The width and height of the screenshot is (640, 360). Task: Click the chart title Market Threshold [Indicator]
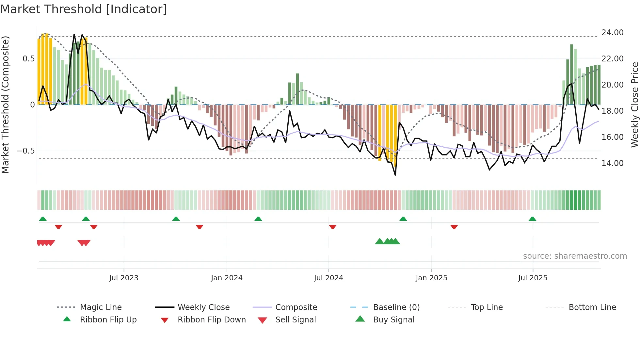pyautogui.click(x=84, y=9)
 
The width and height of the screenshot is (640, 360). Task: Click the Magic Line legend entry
pyautogui.click(x=101, y=307)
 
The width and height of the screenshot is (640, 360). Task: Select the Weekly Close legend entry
pyautogui.click(x=203, y=307)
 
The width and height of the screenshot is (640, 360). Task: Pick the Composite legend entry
pyautogui.click(x=296, y=307)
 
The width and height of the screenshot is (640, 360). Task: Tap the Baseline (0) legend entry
pyautogui.click(x=396, y=307)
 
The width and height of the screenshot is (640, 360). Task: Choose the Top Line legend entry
pyautogui.click(x=487, y=307)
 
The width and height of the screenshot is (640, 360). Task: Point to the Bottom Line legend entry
pyautogui.click(x=592, y=307)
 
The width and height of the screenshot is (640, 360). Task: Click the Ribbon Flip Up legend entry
pyautogui.click(x=108, y=320)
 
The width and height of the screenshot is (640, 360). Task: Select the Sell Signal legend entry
pyautogui.click(x=295, y=320)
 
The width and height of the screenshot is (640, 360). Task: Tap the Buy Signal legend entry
pyautogui.click(x=393, y=320)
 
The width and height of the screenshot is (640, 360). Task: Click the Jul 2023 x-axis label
pyautogui.click(x=124, y=278)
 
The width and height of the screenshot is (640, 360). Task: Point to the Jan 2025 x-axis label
pyautogui.click(x=431, y=278)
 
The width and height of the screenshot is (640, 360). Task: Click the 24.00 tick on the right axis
pyautogui.click(x=612, y=33)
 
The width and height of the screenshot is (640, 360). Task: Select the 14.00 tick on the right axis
pyautogui.click(x=612, y=163)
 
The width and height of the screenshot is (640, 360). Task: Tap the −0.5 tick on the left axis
pyautogui.click(x=25, y=151)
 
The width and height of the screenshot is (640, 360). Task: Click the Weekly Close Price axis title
pyautogui.click(x=634, y=105)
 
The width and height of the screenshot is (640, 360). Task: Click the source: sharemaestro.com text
pyautogui.click(x=575, y=256)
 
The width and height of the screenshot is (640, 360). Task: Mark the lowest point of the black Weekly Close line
pyautogui.click(x=395, y=175)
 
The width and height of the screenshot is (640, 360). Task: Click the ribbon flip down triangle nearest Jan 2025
pyautogui.click(x=454, y=227)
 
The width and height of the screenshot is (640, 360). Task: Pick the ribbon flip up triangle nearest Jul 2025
pyautogui.click(x=532, y=219)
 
